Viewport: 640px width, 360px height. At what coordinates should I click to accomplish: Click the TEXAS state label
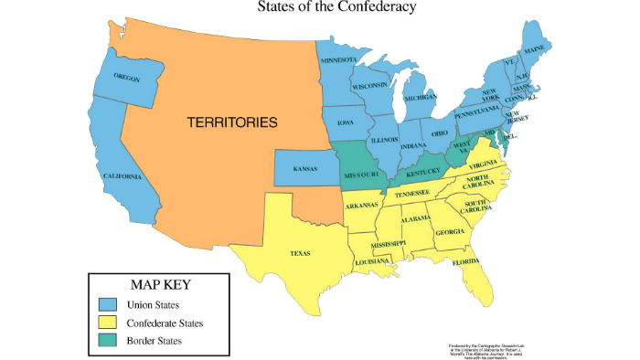click(300, 253)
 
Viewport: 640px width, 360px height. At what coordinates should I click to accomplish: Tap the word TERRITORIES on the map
click(232, 121)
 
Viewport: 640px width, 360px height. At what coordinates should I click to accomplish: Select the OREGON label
click(127, 78)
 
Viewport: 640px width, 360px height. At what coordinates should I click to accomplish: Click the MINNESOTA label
click(338, 61)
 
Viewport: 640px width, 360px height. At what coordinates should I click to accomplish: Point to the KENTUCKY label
click(422, 172)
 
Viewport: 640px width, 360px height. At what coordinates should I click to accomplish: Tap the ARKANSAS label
click(363, 205)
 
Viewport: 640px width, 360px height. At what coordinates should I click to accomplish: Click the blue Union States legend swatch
click(108, 304)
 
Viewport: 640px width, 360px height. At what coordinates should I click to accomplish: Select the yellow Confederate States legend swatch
click(108, 323)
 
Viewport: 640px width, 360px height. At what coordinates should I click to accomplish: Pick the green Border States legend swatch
click(108, 341)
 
